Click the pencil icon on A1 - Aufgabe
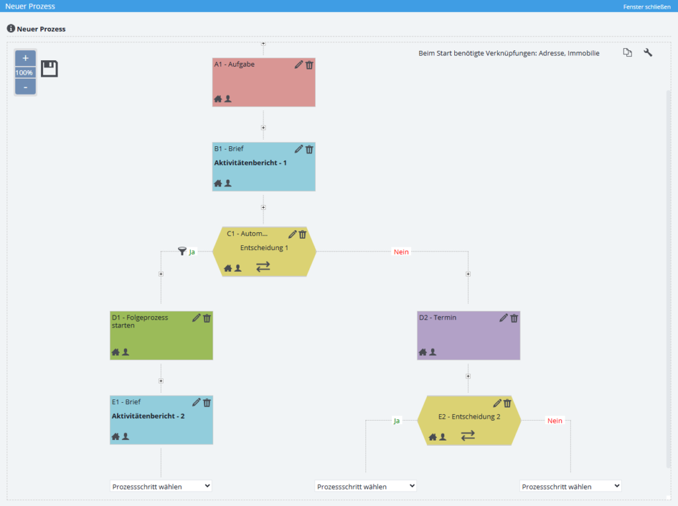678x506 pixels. (x=299, y=65)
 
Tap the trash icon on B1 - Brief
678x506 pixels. (x=310, y=149)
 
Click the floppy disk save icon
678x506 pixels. (x=49, y=69)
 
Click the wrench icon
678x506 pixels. (x=648, y=53)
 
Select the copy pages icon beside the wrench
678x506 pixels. (x=628, y=53)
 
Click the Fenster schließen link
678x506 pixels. (x=647, y=7)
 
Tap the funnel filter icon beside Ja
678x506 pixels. (x=182, y=251)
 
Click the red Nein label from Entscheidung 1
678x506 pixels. (x=401, y=252)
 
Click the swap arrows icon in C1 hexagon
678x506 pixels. (x=263, y=267)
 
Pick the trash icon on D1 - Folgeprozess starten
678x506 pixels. (x=207, y=318)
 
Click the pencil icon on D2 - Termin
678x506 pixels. (x=503, y=318)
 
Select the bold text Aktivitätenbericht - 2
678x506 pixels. (x=148, y=415)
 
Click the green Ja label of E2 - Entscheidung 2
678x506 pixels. (x=397, y=421)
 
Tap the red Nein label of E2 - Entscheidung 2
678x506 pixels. (x=555, y=421)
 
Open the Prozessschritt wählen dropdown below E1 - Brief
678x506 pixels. (x=161, y=486)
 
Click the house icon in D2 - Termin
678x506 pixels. (x=422, y=352)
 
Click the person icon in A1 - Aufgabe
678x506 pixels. (x=228, y=99)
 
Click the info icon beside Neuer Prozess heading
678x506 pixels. (x=11, y=28)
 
